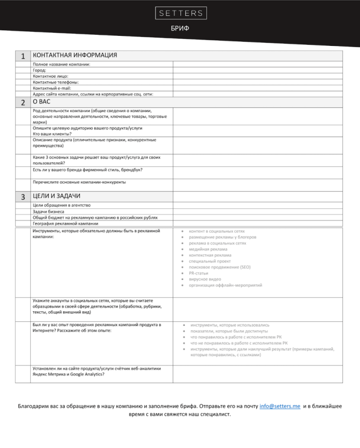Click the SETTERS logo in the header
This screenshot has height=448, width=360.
[180, 13]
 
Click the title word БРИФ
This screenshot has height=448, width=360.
[180, 28]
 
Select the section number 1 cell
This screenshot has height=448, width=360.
[23, 55]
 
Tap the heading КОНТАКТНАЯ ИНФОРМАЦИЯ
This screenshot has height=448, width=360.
[75, 55]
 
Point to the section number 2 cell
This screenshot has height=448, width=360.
[23, 102]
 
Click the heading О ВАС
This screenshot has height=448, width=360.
[41, 102]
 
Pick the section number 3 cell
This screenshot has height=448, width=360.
[23, 197]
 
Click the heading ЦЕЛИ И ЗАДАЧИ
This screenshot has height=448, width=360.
[57, 196]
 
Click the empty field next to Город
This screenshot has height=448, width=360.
[258, 70]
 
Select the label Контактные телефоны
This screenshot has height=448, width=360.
[56, 82]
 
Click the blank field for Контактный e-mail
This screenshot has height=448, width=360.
[258, 88]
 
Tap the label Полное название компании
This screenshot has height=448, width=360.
[62, 64]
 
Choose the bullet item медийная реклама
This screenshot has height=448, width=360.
[208, 249]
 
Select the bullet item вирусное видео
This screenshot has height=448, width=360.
[205, 279]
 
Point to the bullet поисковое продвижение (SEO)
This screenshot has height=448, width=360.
[220, 267]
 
